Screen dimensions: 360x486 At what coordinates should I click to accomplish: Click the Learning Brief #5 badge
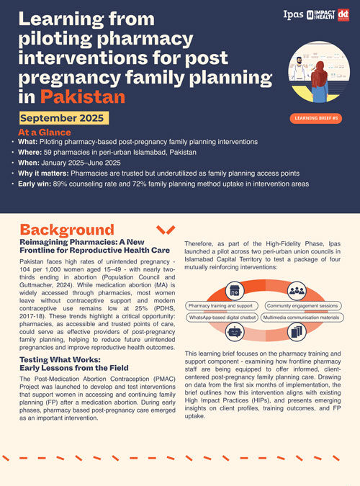(314, 117)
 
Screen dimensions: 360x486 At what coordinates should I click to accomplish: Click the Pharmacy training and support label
(218, 306)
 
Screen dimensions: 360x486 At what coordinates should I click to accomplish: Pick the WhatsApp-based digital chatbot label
(221, 317)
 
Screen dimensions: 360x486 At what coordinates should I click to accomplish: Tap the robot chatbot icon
(234, 332)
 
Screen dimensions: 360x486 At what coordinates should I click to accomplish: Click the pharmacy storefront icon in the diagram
(234, 290)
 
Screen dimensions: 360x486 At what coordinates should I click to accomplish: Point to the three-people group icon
(296, 289)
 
